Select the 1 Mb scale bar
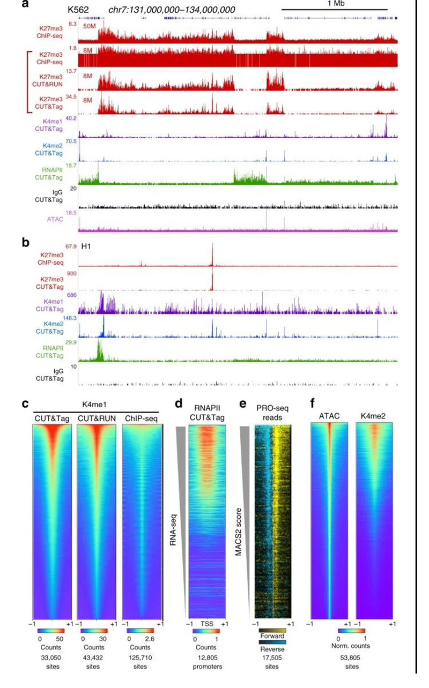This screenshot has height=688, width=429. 334,10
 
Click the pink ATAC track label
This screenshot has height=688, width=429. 55,219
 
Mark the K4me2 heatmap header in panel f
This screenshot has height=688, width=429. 374,416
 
